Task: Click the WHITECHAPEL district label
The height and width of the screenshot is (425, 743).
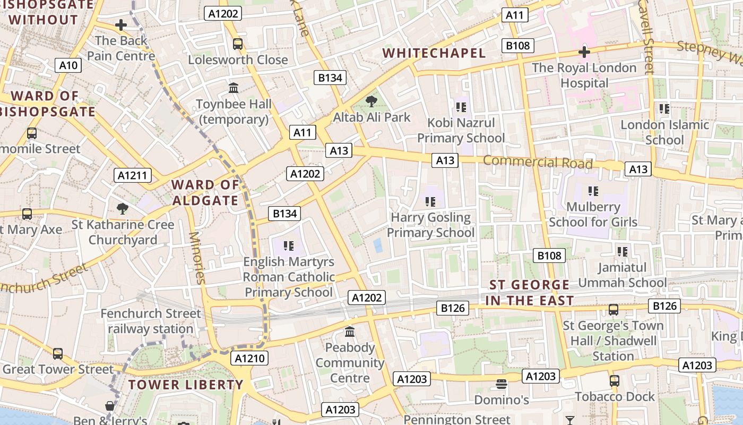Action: (x=434, y=53)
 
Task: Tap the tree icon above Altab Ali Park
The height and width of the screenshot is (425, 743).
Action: (x=371, y=101)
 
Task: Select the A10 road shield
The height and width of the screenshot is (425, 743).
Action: (x=68, y=65)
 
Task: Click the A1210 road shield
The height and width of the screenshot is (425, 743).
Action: (x=249, y=358)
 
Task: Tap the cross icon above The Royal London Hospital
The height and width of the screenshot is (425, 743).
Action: (x=584, y=52)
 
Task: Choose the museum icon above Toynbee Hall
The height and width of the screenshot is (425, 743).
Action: (x=234, y=88)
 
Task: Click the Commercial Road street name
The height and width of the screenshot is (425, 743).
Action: (x=537, y=162)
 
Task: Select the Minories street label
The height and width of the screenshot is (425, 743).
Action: (x=196, y=258)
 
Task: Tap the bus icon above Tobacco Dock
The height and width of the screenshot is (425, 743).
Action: (x=614, y=380)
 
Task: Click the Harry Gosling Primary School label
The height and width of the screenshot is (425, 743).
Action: (x=430, y=225)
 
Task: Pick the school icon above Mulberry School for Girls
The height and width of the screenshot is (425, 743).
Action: (x=593, y=191)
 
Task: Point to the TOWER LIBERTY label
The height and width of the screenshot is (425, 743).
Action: (x=186, y=385)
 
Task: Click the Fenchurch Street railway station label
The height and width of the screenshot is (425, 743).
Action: (x=151, y=321)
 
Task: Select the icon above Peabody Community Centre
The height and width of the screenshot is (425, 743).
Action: (x=350, y=332)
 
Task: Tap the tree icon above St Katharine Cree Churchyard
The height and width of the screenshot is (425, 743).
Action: (x=123, y=208)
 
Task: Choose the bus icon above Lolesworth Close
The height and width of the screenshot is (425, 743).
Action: (x=238, y=44)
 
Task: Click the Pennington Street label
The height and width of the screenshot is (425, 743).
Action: (x=457, y=419)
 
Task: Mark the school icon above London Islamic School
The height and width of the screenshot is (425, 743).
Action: (x=664, y=109)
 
